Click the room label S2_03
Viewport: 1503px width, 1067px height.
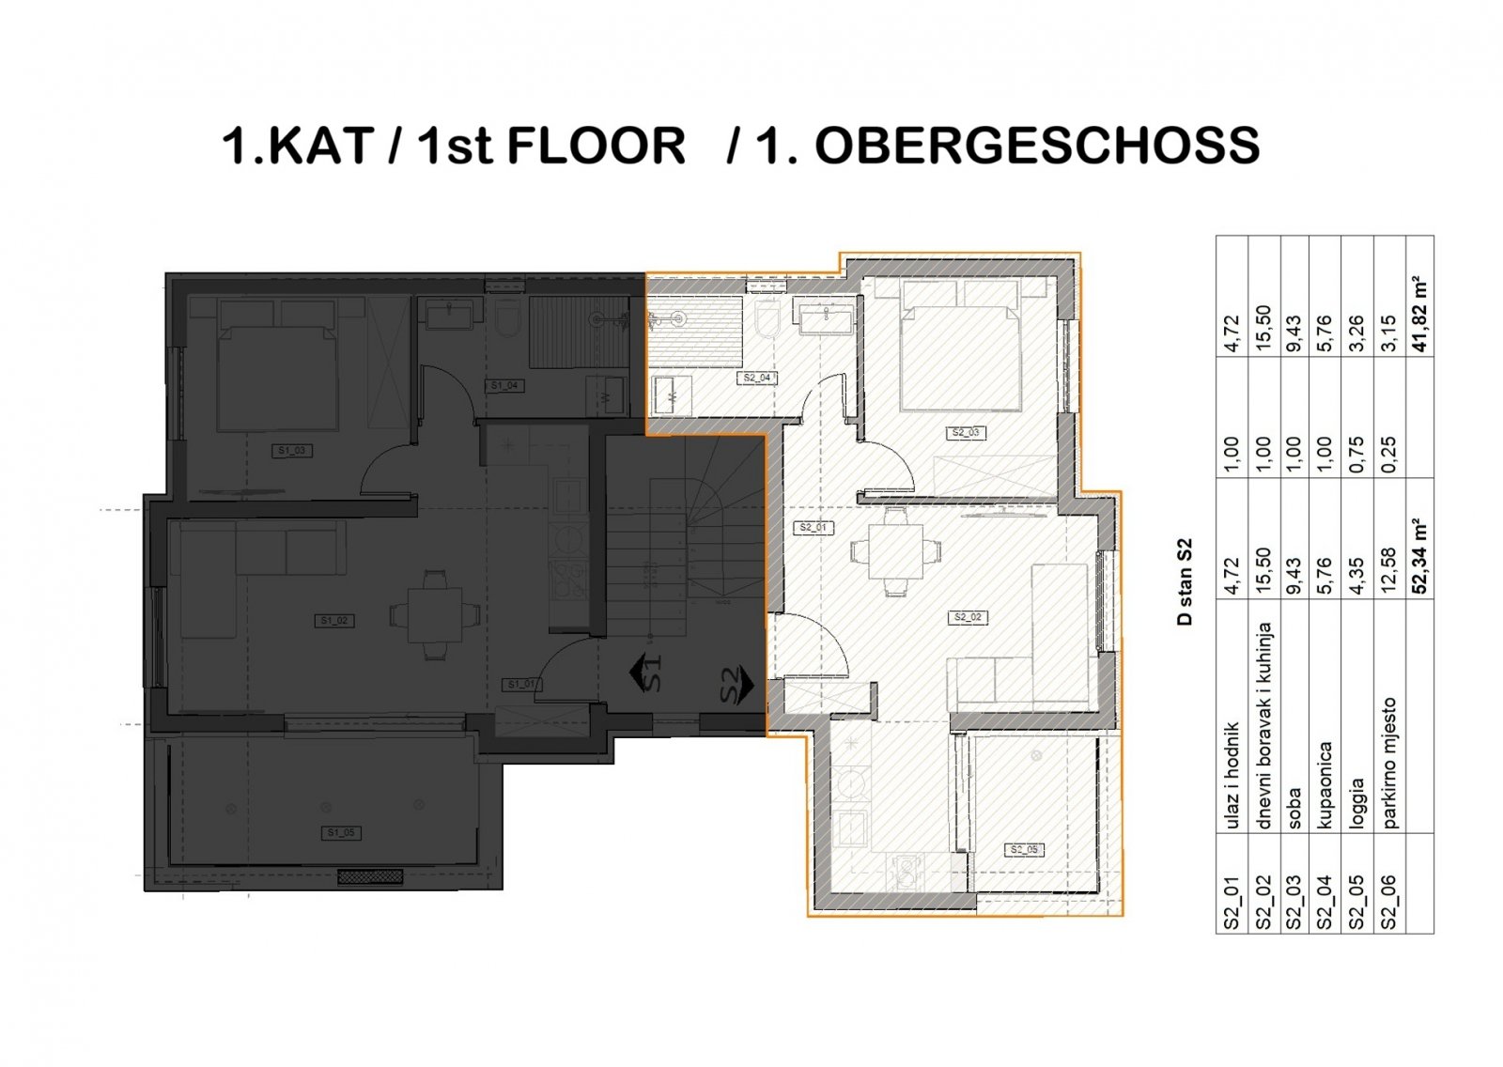pyautogui.click(x=966, y=433)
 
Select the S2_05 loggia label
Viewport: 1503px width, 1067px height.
pyautogui.click(x=1024, y=850)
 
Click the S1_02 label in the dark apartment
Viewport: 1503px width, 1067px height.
pyautogui.click(x=334, y=620)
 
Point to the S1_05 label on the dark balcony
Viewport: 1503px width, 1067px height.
pyautogui.click(x=340, y=833)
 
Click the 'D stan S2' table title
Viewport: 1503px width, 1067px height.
pyautogui.click(x=1185, y=581)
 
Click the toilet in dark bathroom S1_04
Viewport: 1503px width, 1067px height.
pyautogui.click(x=508, y=320)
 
